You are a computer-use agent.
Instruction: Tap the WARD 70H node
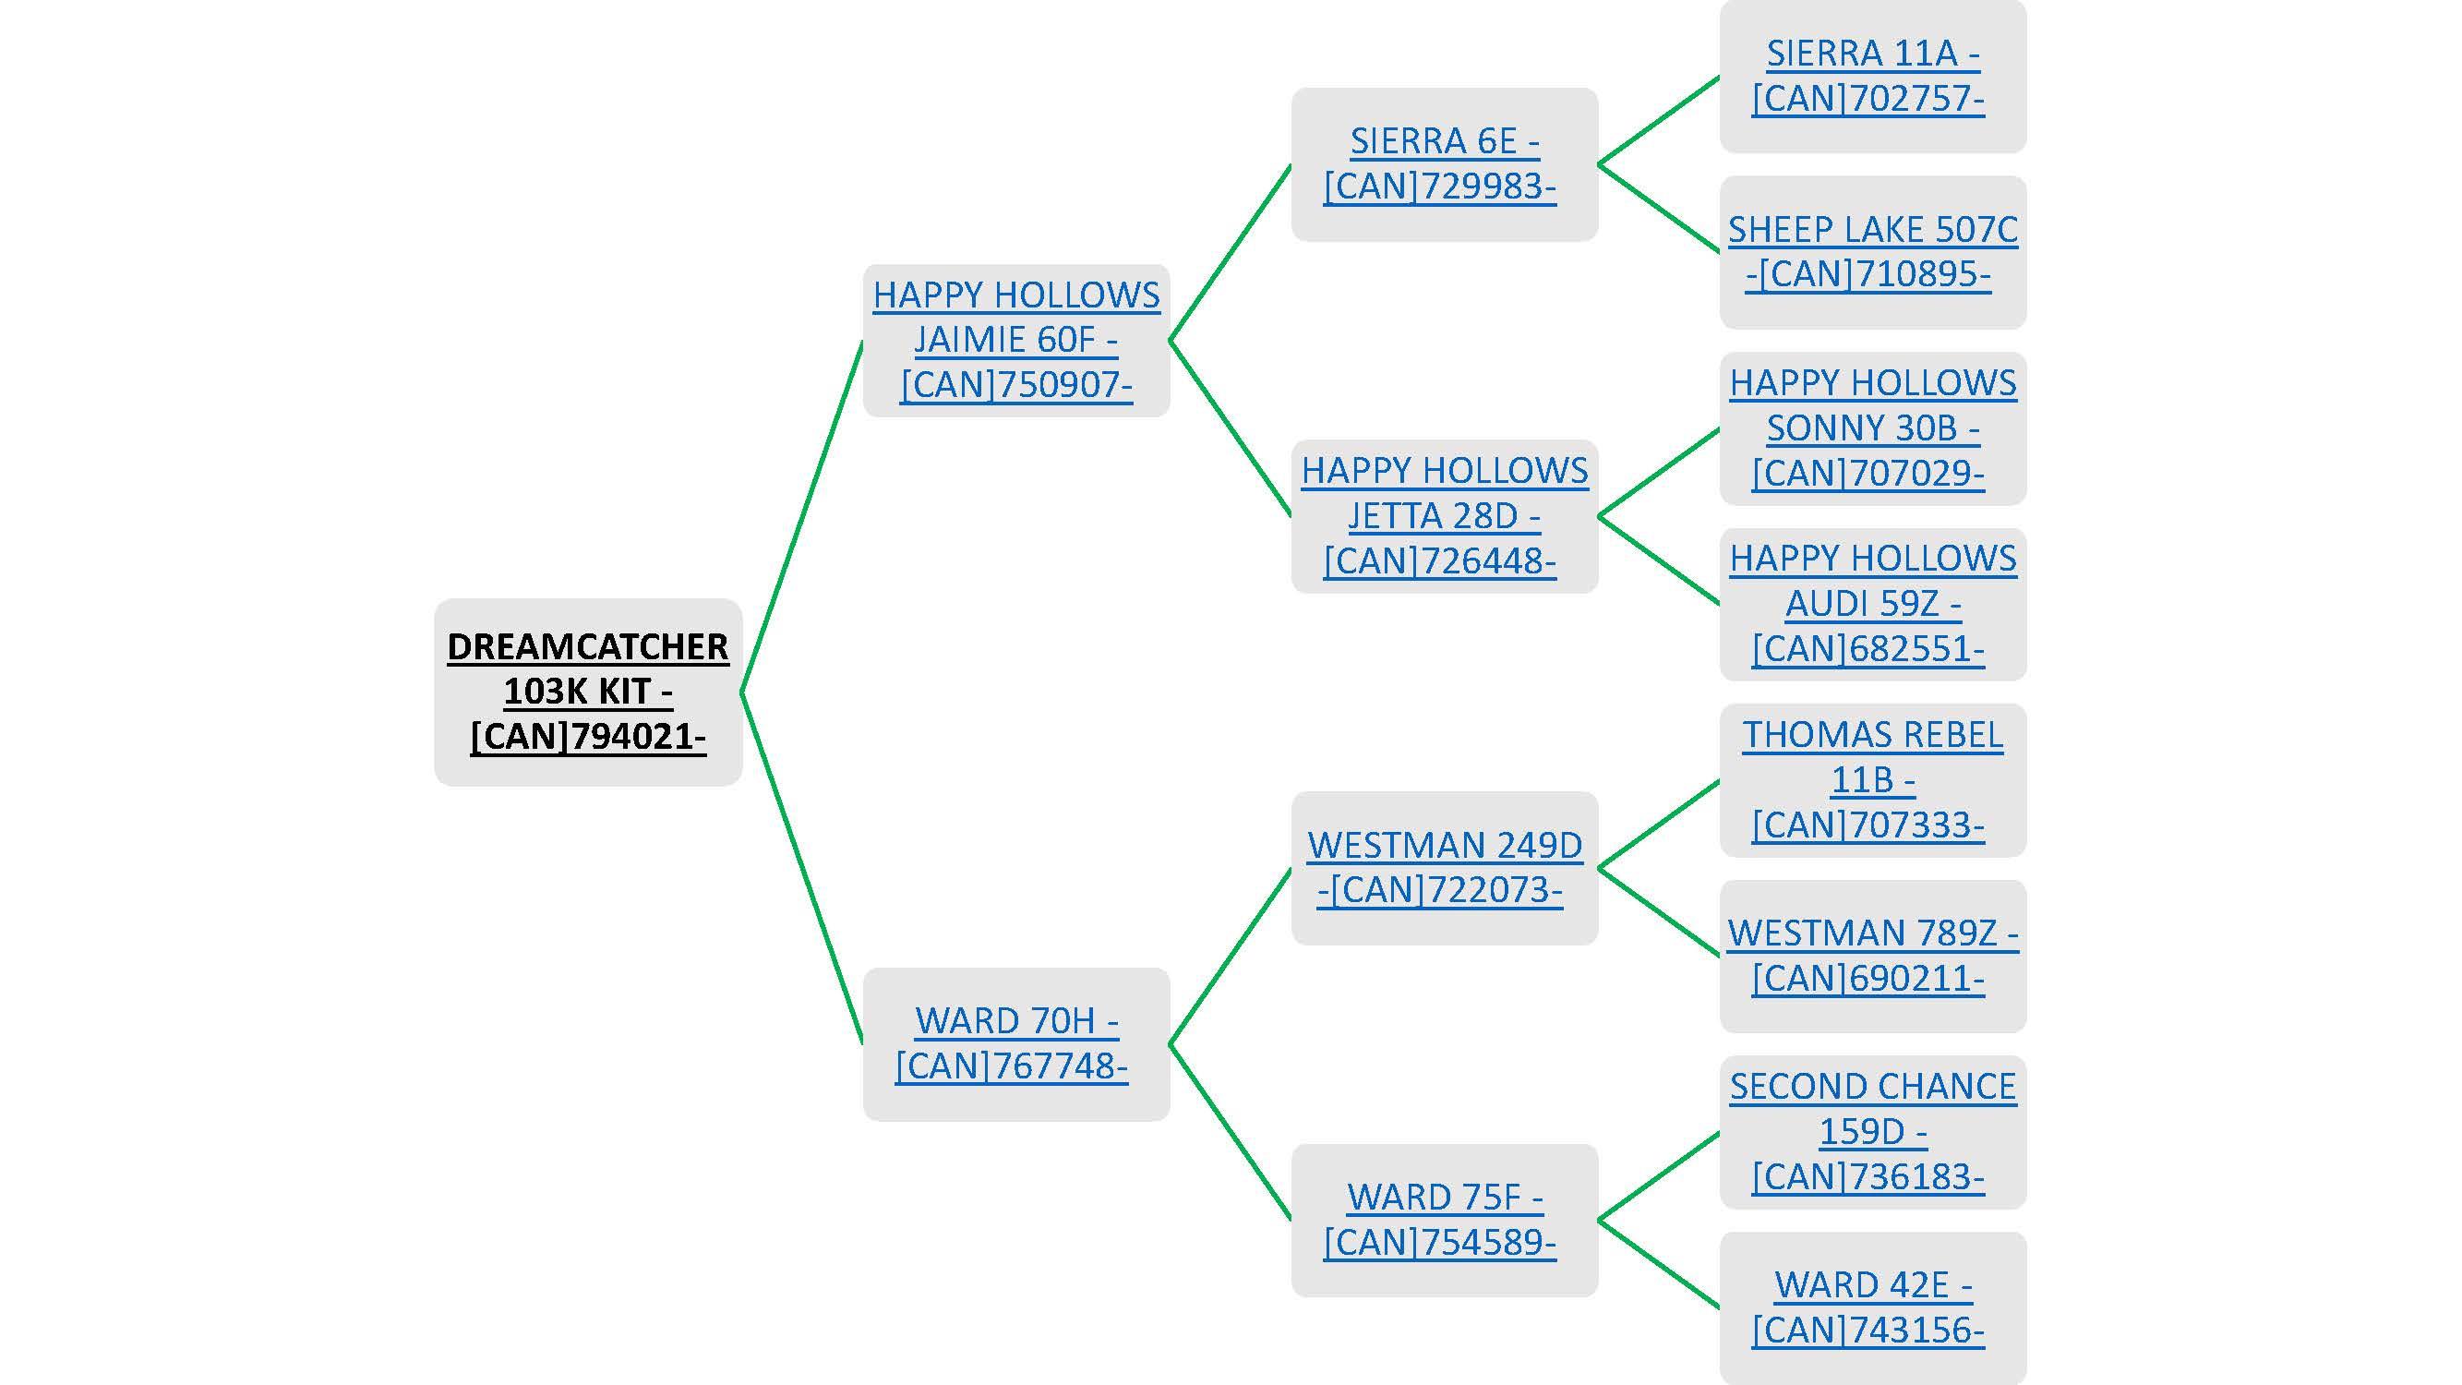[x=1016, y=1042]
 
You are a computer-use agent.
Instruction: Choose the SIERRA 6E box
[x=1443, y=163]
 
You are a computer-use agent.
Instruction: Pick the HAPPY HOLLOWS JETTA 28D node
[x=1443, y=515]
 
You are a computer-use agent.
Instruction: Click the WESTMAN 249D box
[x=1443, y=867]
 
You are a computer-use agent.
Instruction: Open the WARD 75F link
[x=1443, y=1219]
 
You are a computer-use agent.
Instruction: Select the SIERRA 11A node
[x=1871, y=76]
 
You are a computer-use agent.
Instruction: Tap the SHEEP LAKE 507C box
[x=1871, y=251]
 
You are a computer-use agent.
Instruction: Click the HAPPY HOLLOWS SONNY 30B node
[x=1871, y=428]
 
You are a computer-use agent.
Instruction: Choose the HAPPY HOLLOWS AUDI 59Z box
[x=1871, y=603]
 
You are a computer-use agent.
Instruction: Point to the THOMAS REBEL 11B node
[x=1871, y=779]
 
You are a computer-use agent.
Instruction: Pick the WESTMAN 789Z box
[x=1871, y=955]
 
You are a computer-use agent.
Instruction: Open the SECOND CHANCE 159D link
[x=1871, y=1131]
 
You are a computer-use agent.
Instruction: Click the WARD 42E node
[x=1871, y=1307]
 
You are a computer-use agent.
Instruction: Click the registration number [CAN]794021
[x=588, y=737]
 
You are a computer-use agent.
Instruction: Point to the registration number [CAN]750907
[x=1016, y=385]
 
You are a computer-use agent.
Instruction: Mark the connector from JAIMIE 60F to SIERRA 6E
[x=1230, y=252]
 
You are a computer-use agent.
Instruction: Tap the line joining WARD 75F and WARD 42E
[x=1658, y=1264]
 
